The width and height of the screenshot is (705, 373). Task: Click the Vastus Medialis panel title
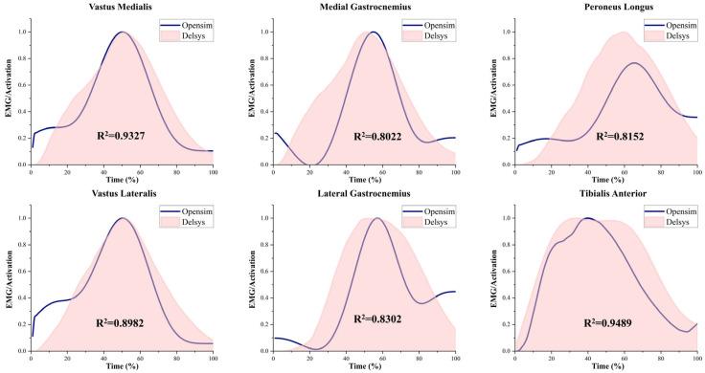122,8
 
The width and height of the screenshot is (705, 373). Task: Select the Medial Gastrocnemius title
364,8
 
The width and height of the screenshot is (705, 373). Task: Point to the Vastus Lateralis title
122,196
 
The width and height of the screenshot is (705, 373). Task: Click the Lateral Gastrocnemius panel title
364,196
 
